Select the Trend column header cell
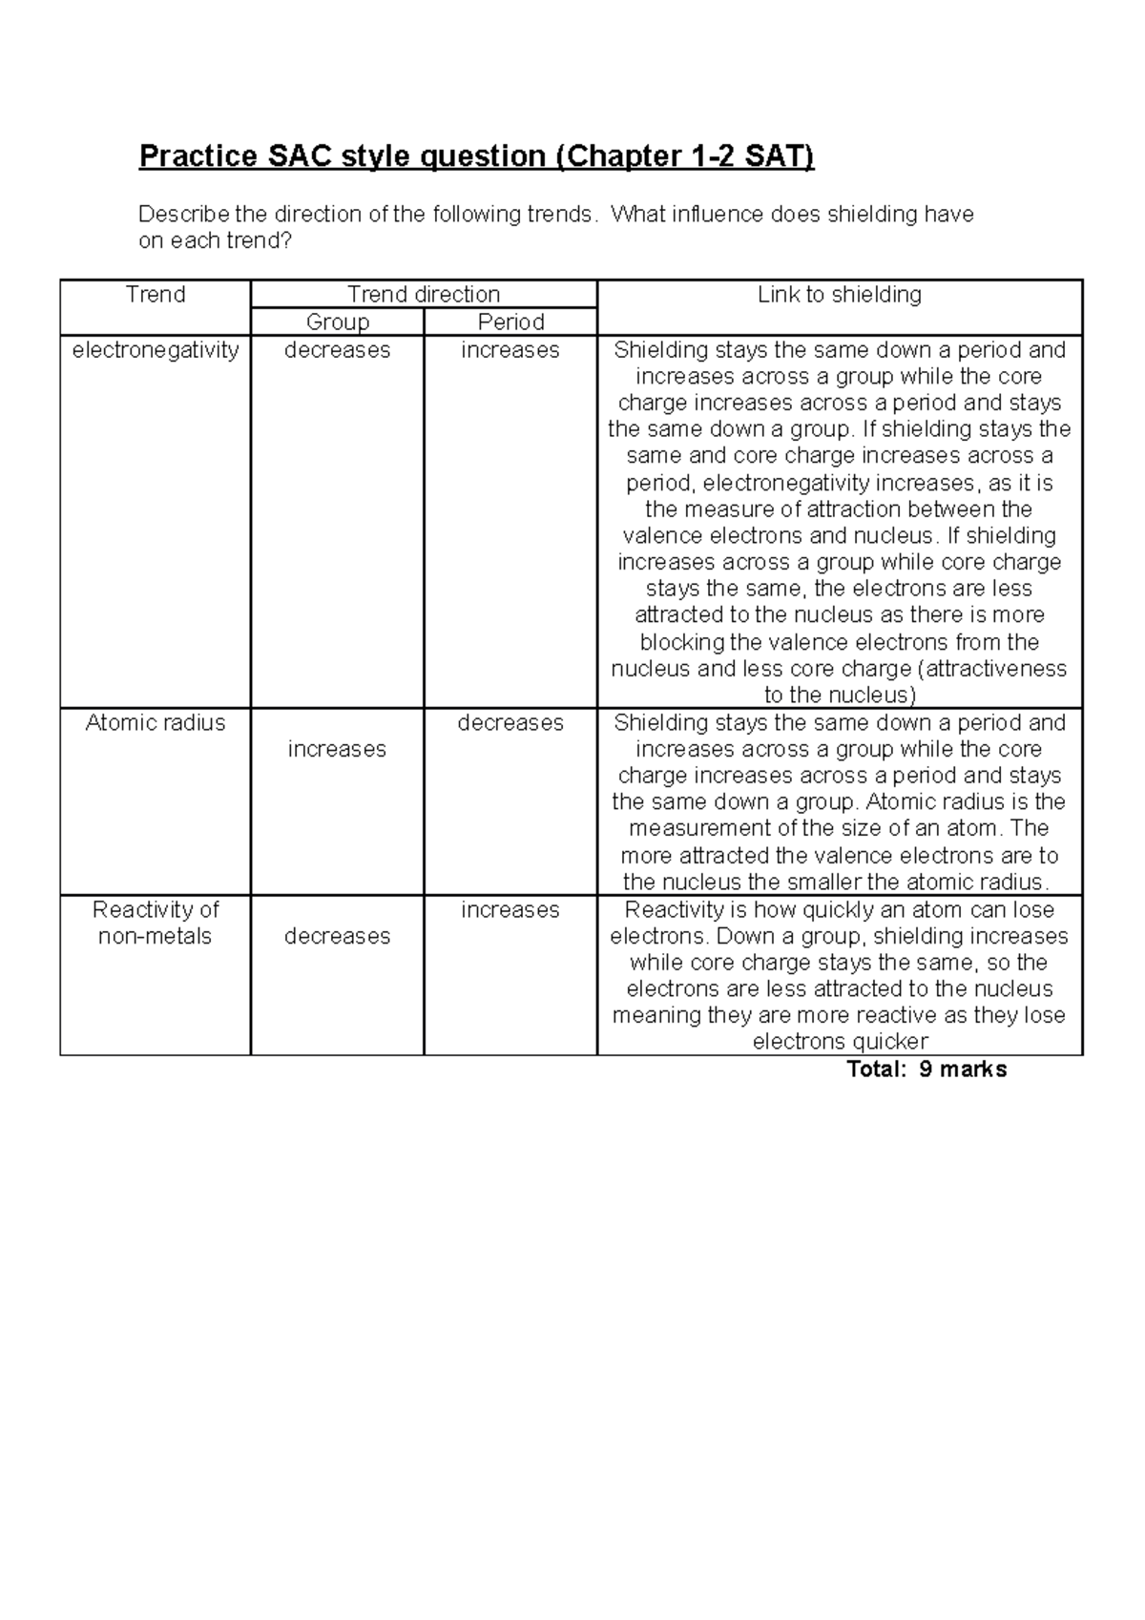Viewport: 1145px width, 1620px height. point(155,295)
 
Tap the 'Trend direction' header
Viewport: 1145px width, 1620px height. point(424,294)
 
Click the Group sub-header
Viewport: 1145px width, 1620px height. point(337,322)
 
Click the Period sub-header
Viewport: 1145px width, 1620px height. point(510,322)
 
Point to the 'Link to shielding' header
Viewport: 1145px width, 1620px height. point(840,295)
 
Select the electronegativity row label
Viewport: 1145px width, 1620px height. point(155,350)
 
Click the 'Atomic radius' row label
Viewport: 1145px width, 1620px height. point(155,722)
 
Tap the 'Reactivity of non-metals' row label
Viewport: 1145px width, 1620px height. point(155,923)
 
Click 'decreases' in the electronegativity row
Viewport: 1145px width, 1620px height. point(337,350)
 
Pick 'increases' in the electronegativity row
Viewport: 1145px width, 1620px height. point(510,350)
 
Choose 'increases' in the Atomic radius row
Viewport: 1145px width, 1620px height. point(337,749)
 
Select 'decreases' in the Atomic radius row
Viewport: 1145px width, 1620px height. point(510,722)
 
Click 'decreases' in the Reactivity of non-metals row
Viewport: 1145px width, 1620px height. point(337,936)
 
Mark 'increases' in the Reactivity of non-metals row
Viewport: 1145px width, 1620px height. point(510,909)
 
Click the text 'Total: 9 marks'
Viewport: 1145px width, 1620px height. point(926,1070)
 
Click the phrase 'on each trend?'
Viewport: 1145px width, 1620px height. point(215,241)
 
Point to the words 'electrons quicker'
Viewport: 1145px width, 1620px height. point(840,1042)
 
